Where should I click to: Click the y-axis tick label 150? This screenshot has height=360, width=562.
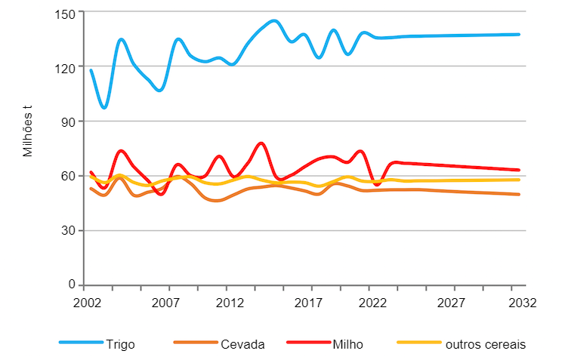pyautogui.click(x=66, y=13)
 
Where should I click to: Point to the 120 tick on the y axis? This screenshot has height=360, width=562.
pyautogui.click(x=66, y=67)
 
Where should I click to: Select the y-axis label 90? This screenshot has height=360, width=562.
pyautogui.click(x=69, y=122)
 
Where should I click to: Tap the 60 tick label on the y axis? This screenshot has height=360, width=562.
pyautogui.click(x=69, y=176)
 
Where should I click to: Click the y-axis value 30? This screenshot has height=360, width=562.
pyautogui.click(x=69, y=231)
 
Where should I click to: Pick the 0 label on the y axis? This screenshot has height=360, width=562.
pyautogui.click(x=72, y=285)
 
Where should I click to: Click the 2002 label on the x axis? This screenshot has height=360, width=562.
pyautogui.click(x=88, y=303)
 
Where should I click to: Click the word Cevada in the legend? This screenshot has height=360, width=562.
pyautogui.click(x=242, y=344)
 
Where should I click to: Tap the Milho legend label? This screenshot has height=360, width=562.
pyautogui.click(x=348, y=344)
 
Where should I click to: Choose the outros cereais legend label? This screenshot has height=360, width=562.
pyautogui.click(x=485, y=344)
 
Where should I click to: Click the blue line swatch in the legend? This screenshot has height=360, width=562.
pyautogui.click(x=80, y=343)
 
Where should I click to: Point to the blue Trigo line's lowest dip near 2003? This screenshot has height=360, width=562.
pyautogui.click(x=104, y=107)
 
